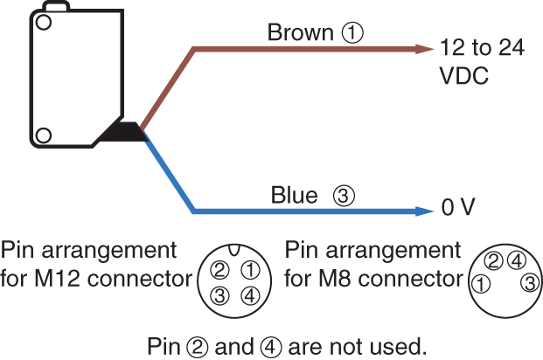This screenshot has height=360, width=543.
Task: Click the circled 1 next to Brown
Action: tap(352, 33)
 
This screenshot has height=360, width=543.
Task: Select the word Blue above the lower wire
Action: tap(294, 196)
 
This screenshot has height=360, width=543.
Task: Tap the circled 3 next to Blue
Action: tap(345, 197)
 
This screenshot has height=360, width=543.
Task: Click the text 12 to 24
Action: tap(484, 49)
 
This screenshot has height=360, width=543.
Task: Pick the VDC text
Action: tap(464, 76)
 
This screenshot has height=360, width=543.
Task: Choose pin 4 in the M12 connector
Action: tap(249, 295)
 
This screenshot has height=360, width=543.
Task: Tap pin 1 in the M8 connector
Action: tap(482, 285)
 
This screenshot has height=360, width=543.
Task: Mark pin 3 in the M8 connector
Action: tap(528, 282)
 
